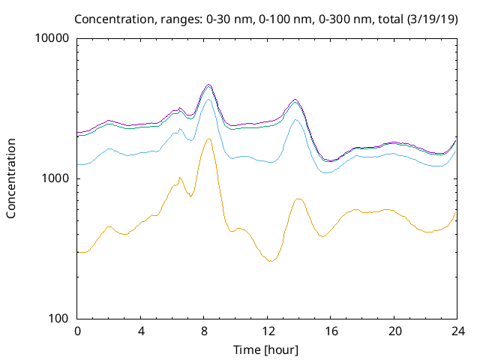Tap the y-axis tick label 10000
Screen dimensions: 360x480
click(53, 39)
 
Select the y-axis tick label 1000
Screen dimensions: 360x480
click(56, 179)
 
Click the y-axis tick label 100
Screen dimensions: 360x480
click(59, 319)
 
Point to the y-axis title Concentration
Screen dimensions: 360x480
click(11, 178)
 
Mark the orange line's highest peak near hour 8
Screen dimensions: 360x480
click(209, 139)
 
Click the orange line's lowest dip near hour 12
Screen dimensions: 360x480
click(271, 261)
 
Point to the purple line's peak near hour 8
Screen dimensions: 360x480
click(209, 85)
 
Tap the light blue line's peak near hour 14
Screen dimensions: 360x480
click(297, 120)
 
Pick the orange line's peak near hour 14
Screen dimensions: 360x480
click(298, 199)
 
